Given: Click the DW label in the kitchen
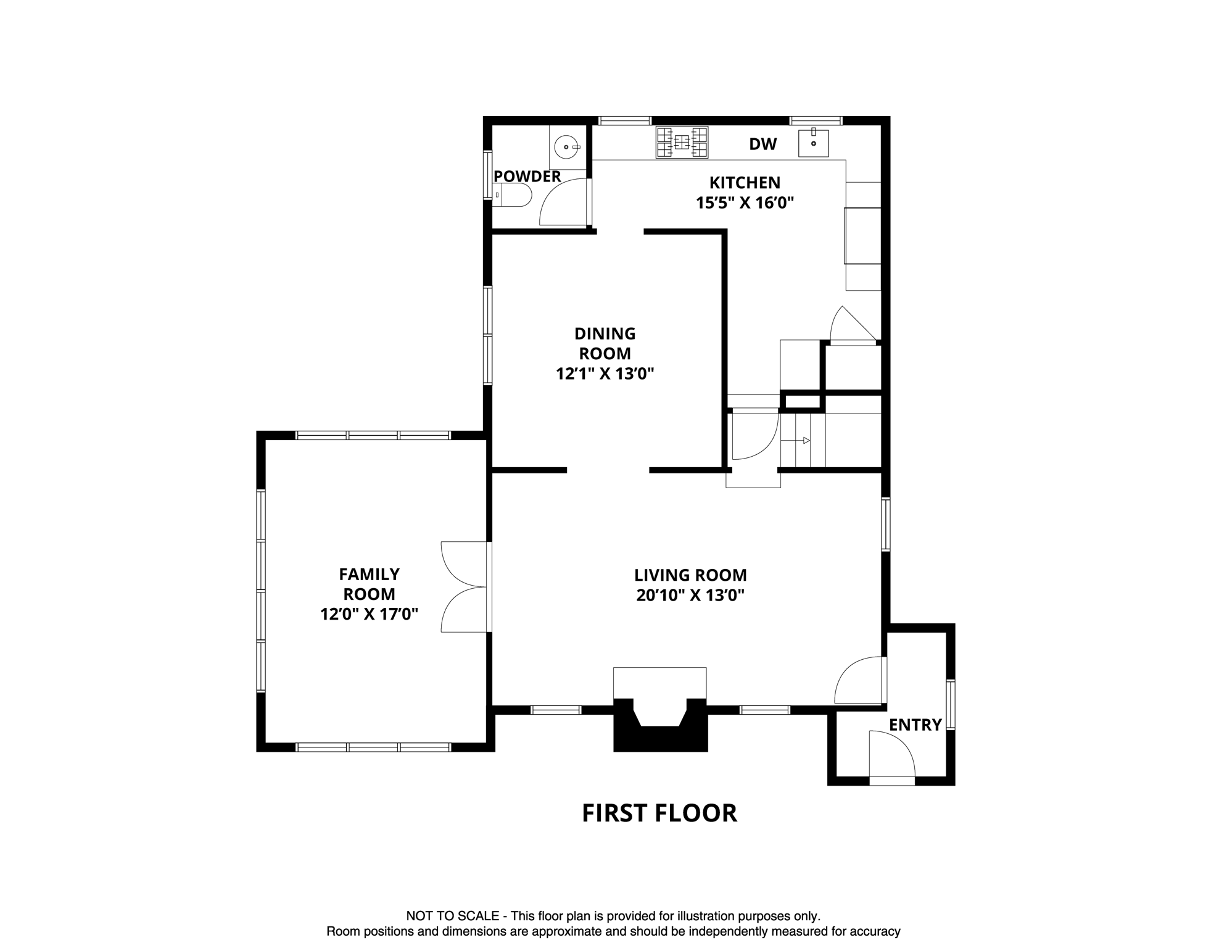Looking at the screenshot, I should pyautogui.click(x=762, y=144).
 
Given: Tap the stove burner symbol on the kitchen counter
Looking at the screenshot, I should pyautogui.click(x=682, y=142).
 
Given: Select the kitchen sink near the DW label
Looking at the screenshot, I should pyautogui.click(x=813, y=143).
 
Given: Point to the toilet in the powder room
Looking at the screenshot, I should pyautogui.click(x=513, y=195).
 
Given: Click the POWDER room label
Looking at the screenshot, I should pyautogui.click(x=527, y=177).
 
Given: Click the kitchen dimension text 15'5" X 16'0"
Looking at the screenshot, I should pyautogui.click(x=744, y=202).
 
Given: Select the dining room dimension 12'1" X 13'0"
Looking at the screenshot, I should pyautogui.click(x=605, y=373).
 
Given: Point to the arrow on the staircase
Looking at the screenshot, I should pyautogui.click(x=806, y=440).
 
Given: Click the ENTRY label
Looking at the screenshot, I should pyautogui.click(x=915, y=725).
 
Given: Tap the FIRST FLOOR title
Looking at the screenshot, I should pyautogui.click(x=659, y=813).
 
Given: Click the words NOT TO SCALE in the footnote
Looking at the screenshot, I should pyautogui.click(x=452, y=916).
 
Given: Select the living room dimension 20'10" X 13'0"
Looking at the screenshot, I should pyautogui.click(x=690, y=595).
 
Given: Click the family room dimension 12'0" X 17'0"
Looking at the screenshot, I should pyautogui.click(x=369, y=614).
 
